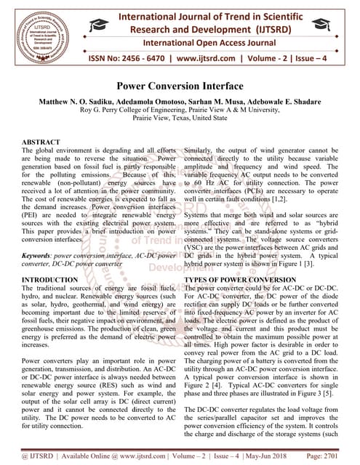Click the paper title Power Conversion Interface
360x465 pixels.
click(180, 86)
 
